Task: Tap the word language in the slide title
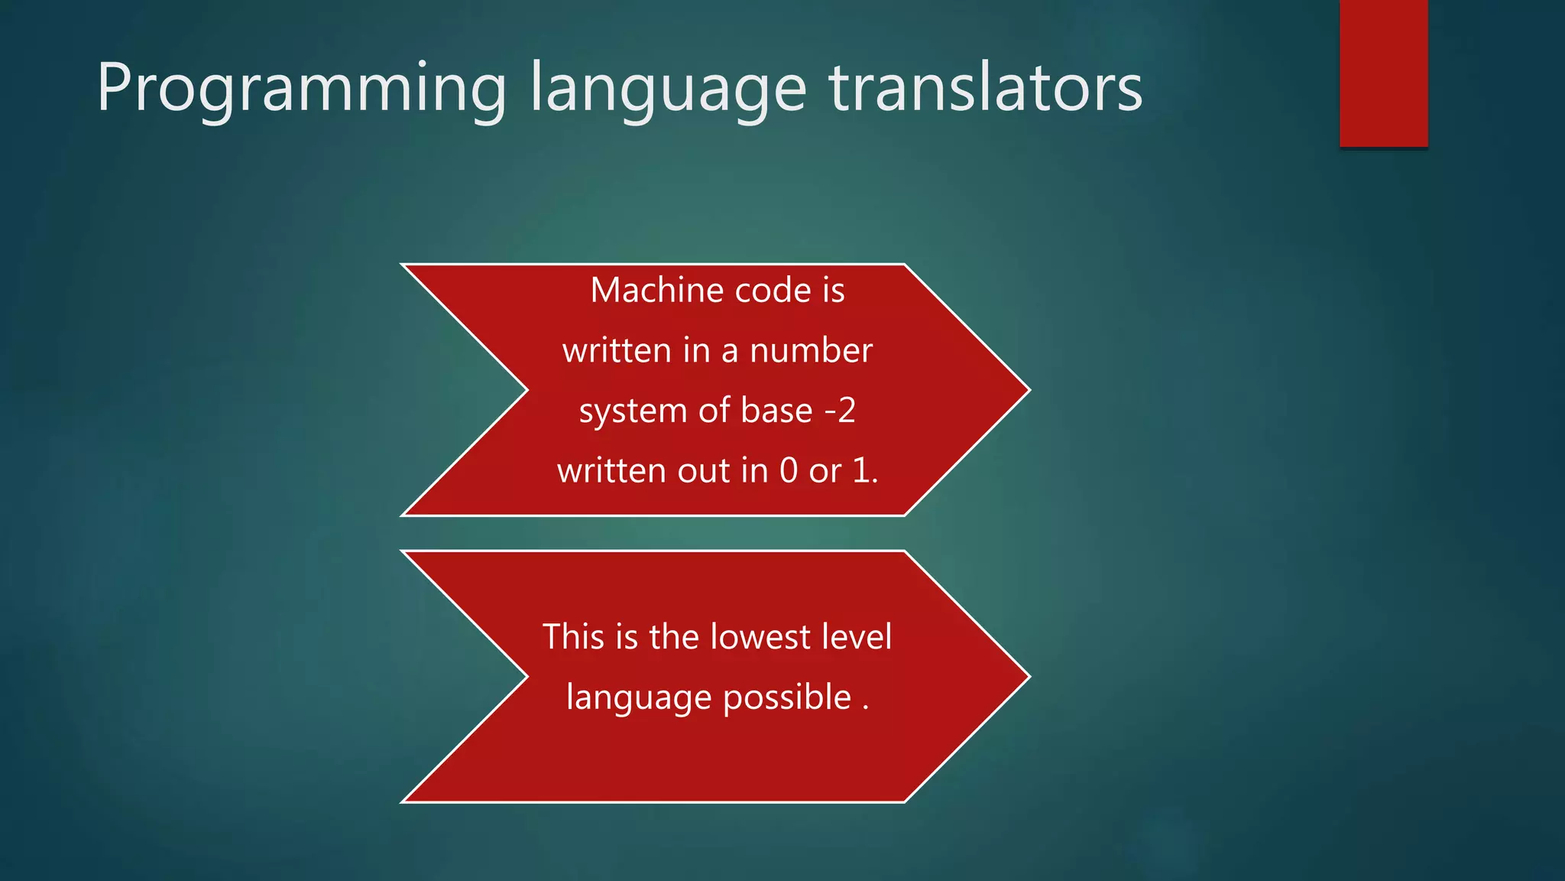coord(668,90)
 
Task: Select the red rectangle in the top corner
coord(1383,73)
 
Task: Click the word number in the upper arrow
coord(811,351)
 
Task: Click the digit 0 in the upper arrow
coord(789,471)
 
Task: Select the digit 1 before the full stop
coord(861,471)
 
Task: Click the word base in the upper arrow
coord(776,411)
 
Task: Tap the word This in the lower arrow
coord(573,637)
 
